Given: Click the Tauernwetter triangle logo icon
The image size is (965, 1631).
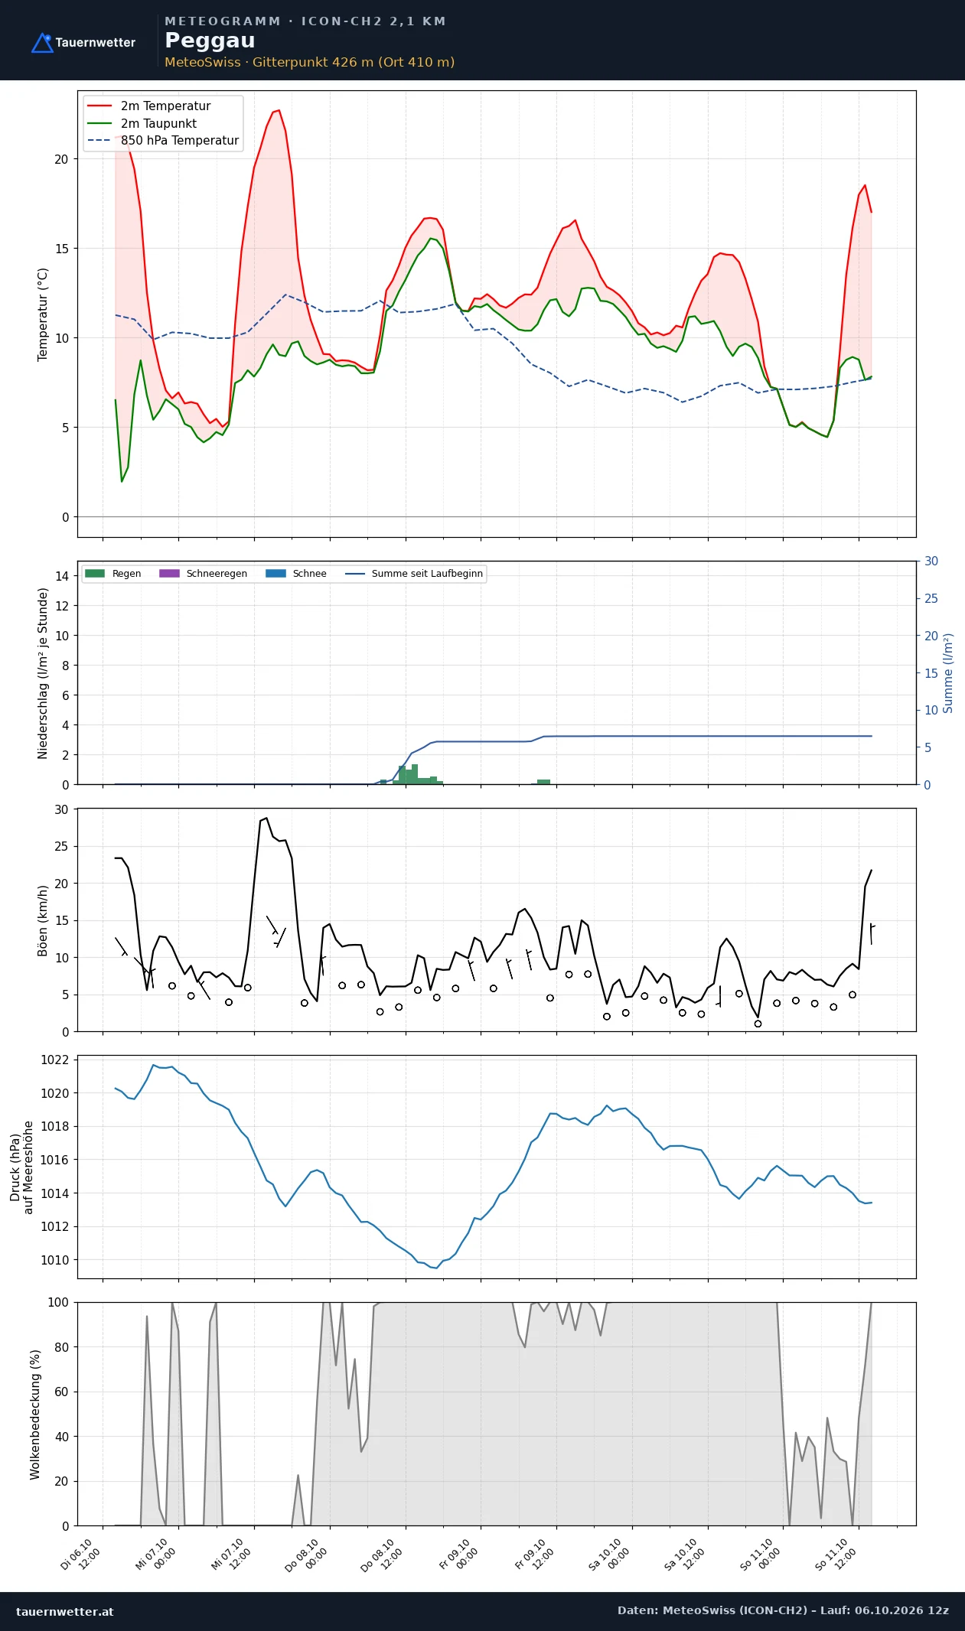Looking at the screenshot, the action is pos(42,43).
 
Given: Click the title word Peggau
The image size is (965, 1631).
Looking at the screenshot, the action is pos(210,41).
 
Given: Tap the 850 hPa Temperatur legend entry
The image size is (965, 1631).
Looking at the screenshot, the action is pos(163,141).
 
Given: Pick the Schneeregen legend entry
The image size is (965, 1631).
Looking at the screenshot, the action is pos(203,574).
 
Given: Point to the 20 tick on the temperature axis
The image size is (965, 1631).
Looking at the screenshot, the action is pos(61,159).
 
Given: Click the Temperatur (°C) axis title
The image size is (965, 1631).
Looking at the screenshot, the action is pos(43,314).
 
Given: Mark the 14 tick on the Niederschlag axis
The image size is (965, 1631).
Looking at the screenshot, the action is pos(62,576).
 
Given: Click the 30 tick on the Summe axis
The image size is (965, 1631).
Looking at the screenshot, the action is pos(931,562).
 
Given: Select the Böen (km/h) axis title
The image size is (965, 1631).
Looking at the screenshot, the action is pos(43,921).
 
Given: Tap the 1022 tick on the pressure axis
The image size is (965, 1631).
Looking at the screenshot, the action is pos(54,1060).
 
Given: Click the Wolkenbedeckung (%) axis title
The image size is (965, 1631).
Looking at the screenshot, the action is pos(35,1415).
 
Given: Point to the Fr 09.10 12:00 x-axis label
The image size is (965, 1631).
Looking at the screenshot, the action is pos(532,1555).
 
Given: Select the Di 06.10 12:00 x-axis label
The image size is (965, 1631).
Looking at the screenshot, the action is pos(80,1555).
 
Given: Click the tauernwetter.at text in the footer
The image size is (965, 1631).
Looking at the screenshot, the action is pos(65,1611).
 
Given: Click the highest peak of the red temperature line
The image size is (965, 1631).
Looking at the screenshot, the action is pos(279,110).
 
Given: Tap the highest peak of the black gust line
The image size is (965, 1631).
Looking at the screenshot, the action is pos(266,818).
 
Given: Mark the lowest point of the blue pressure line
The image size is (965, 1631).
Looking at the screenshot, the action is pos(436,1268).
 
